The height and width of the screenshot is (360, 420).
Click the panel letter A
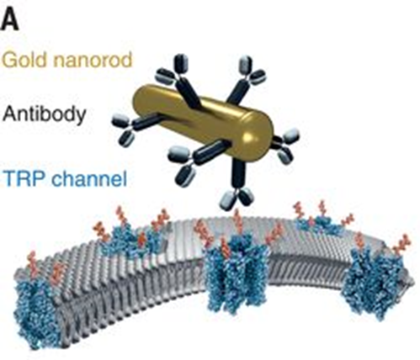pos(9,21)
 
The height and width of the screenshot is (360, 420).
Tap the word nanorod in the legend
pos(93,60)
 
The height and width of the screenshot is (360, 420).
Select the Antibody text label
pos(44,114)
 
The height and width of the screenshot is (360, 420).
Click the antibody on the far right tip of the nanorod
pos(285,146)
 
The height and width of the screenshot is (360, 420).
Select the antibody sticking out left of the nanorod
pos(137,125)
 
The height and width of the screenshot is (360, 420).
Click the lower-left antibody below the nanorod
pos(196,161)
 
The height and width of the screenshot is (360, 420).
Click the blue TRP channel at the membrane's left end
pos(36,311)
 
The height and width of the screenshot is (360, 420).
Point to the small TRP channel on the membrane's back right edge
pos(320,225)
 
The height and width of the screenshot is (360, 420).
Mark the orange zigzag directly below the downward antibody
pos(238,221)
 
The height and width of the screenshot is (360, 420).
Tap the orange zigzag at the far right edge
pos(401,244)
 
